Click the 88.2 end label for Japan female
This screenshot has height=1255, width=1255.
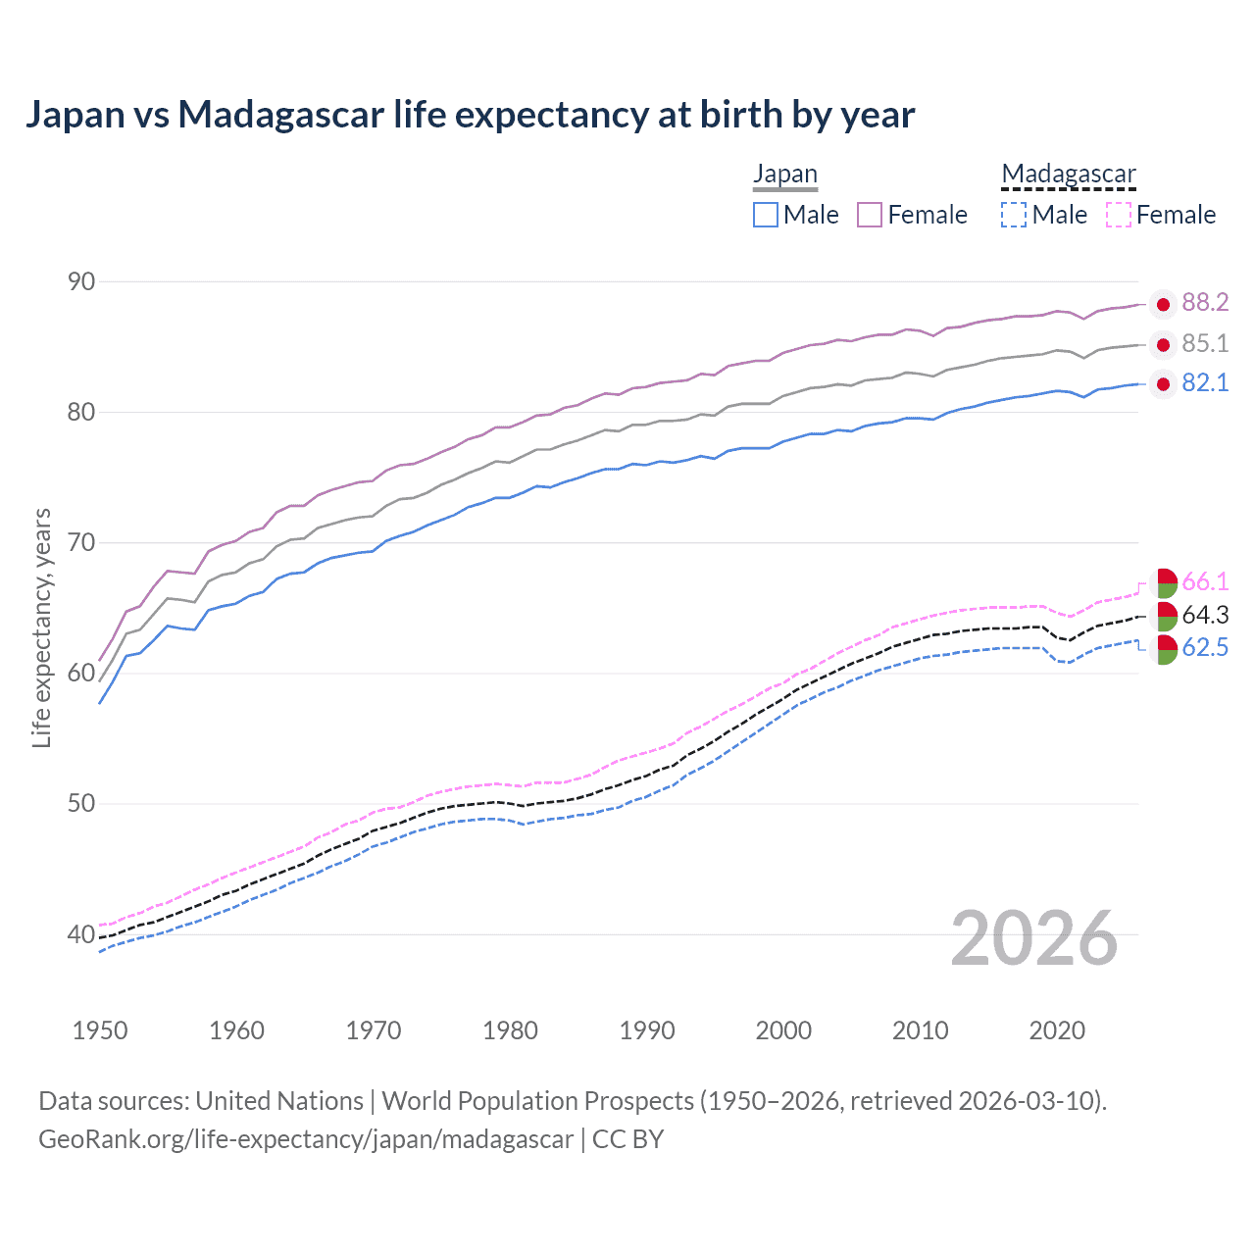[x=1205, y=303]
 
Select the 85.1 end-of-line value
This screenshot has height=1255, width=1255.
[x=1205, y=344]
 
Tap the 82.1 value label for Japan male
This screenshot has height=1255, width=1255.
[x=1205, y=383]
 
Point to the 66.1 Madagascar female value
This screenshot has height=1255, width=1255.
[x=1205, y=582]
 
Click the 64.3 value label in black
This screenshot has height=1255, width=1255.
[x=1205, y=616]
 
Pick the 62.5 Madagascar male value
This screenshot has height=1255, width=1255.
[x=1205, y=648]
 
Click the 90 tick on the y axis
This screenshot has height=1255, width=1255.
[x=81, y=282]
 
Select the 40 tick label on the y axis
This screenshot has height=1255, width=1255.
[x=81, y=934]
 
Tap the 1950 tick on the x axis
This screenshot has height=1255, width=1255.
[x=100, y=1030]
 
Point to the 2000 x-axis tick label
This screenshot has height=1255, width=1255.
[x=783, y=1030]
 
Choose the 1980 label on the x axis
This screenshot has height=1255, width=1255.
[x=510, y=1030]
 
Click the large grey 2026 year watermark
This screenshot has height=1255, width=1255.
[x=1034, y=938]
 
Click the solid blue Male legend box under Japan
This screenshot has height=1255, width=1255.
[x=766, y=215]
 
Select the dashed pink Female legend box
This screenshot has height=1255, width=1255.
[x=1119, y=215]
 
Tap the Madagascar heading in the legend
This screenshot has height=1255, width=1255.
[x=1069, y=175]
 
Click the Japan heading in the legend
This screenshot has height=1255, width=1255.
[x=784, y=175]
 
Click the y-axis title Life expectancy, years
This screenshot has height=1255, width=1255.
[x=42, y=627]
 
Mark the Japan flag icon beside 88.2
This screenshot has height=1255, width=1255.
[x=1163, y=305]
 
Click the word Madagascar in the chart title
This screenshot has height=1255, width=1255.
[x=281, y=115]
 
